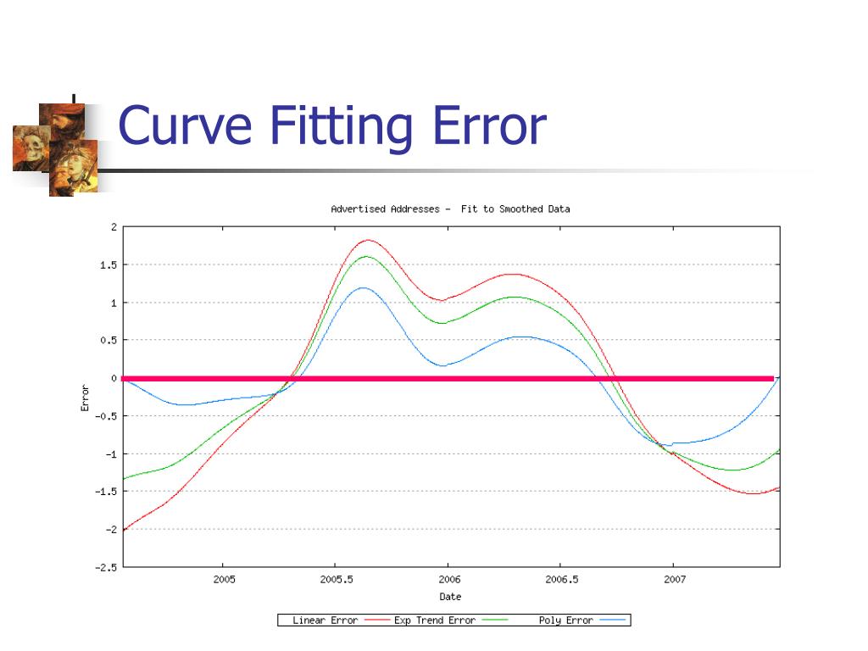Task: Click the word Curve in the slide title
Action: coord(185,126)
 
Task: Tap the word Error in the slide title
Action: coord(488,126)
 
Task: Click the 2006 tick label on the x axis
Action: coord(448,580)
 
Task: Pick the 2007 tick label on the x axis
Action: coord(674,580)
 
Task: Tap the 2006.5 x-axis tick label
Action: coord(560,580)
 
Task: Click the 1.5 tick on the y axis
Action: coord(108,264)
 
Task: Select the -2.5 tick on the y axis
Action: coord(106,567)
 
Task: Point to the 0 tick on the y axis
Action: coord(114,378)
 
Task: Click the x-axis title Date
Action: coord(450,597)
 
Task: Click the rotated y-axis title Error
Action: coord(85,398)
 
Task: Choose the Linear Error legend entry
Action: coord(325,620)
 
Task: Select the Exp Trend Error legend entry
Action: coord(435,620)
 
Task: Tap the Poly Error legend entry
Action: coord(565,620)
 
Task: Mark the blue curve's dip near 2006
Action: coord(443,365)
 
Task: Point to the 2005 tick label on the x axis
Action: coord(223,580)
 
